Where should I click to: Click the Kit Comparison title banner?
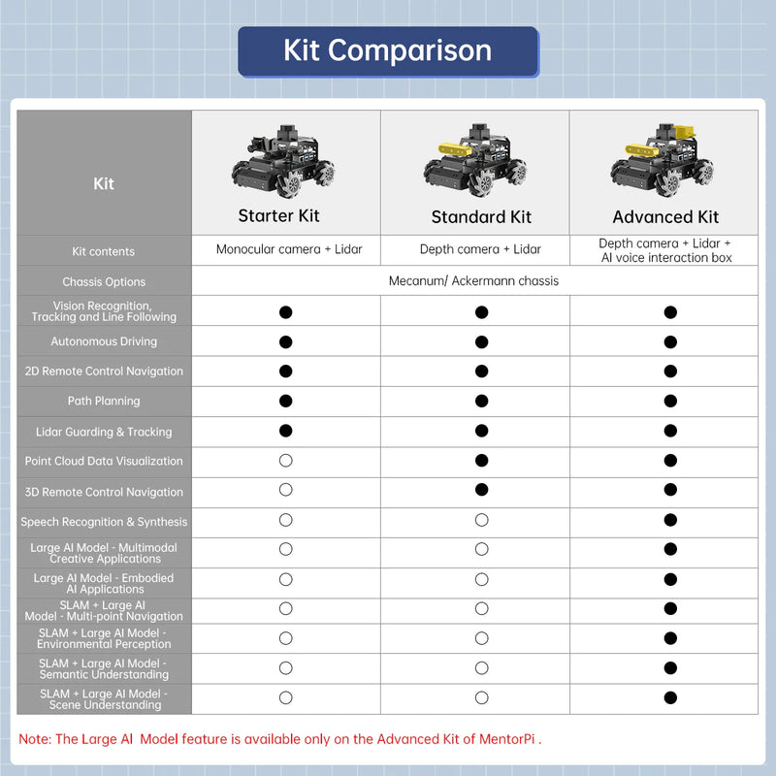[x=387, y=50]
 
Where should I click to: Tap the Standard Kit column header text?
[x=481, y=217]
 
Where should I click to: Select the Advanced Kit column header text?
[x=665, y=217]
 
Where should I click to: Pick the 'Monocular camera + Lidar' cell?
[x=289, y=249]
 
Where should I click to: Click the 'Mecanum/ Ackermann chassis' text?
[x=473, y=281]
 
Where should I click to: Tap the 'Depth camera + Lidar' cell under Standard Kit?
[x=480, y=249]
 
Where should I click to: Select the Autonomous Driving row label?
[x=104, y=341]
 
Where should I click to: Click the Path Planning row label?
[x=104, y=401]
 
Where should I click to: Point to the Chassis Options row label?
[x=104, y=282]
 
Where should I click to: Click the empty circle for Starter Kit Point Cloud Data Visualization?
[x=285, y=461]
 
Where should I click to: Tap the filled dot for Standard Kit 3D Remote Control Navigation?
[x=481, y=491]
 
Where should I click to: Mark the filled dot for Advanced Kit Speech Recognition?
[x=670, y=521]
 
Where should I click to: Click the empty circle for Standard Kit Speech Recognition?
[x=481, y=521]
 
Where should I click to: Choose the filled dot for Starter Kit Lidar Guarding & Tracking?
[x=285, y=431]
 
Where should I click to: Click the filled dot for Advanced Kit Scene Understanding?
[x=670, y=697]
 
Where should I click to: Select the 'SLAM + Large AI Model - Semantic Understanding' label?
[x=104, y=669]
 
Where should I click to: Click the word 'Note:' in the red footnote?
[x=35, y=739]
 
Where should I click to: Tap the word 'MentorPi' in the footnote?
[x=507, y=739]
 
